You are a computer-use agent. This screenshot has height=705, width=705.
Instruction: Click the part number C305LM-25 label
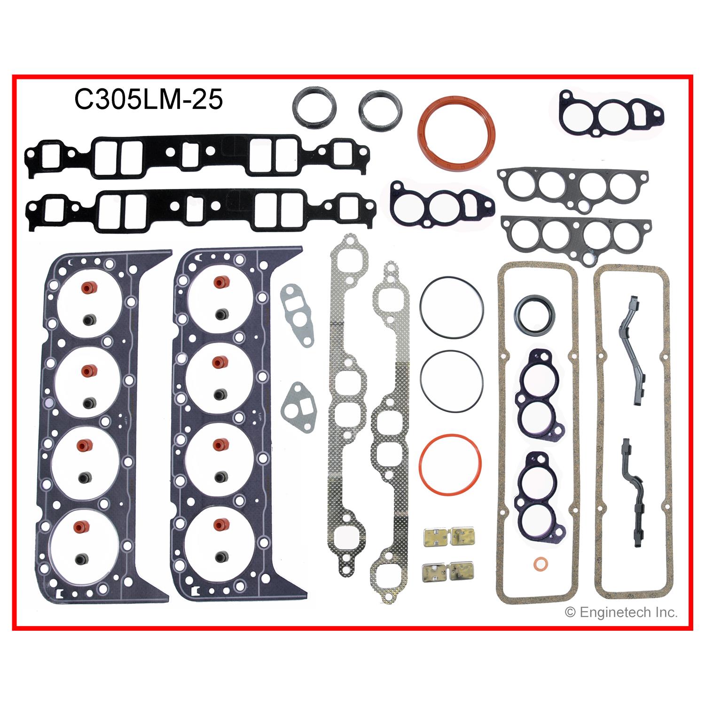click(x=148, y=100)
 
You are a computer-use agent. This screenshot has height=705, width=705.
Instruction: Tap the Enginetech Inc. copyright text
click(x=621, y=612)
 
